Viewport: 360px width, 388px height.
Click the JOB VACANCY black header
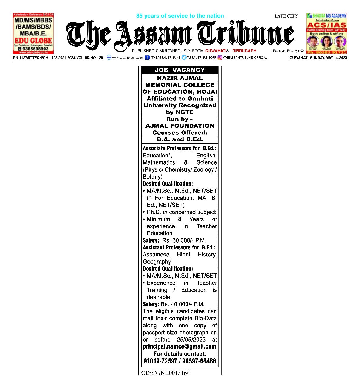[180, 70]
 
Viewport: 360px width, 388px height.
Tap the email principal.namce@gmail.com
[180, 346]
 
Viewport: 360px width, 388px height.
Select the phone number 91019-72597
[160, 361]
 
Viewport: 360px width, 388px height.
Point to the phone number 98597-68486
[199, 361]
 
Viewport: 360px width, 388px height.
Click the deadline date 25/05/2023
[191, 339]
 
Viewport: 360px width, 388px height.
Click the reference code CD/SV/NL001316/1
[166, 373]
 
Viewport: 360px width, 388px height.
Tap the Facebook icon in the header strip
[147, 57]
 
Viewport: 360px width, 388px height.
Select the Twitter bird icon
[184, 57]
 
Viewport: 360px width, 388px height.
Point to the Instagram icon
[220, 57]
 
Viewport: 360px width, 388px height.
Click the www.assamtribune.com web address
[128, 57]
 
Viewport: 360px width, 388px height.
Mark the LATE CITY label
[286, 16]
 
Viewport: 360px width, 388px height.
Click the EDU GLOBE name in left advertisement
[33, 41]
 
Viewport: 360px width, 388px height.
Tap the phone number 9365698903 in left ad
[35, 48]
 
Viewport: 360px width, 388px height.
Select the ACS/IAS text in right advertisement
[326, 25]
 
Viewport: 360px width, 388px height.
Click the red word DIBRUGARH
[244, 51]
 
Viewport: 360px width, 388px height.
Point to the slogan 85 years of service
[180, 16]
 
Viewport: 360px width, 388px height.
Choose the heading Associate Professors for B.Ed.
[179, 148]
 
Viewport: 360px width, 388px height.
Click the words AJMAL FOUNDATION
[180, 125]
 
